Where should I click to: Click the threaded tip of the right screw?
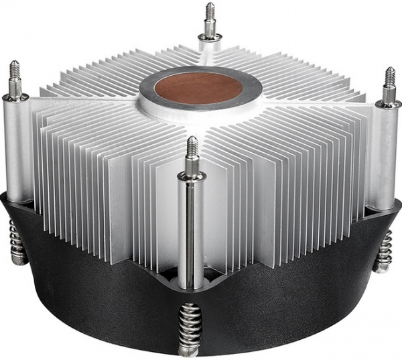point(389,76)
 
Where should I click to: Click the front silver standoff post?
point(191,228)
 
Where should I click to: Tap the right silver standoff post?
point(387,154)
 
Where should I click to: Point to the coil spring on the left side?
point(18,241)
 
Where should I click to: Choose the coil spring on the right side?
point(384,251)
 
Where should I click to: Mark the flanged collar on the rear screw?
point(210,36)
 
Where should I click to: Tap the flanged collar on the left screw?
point(15,97)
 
